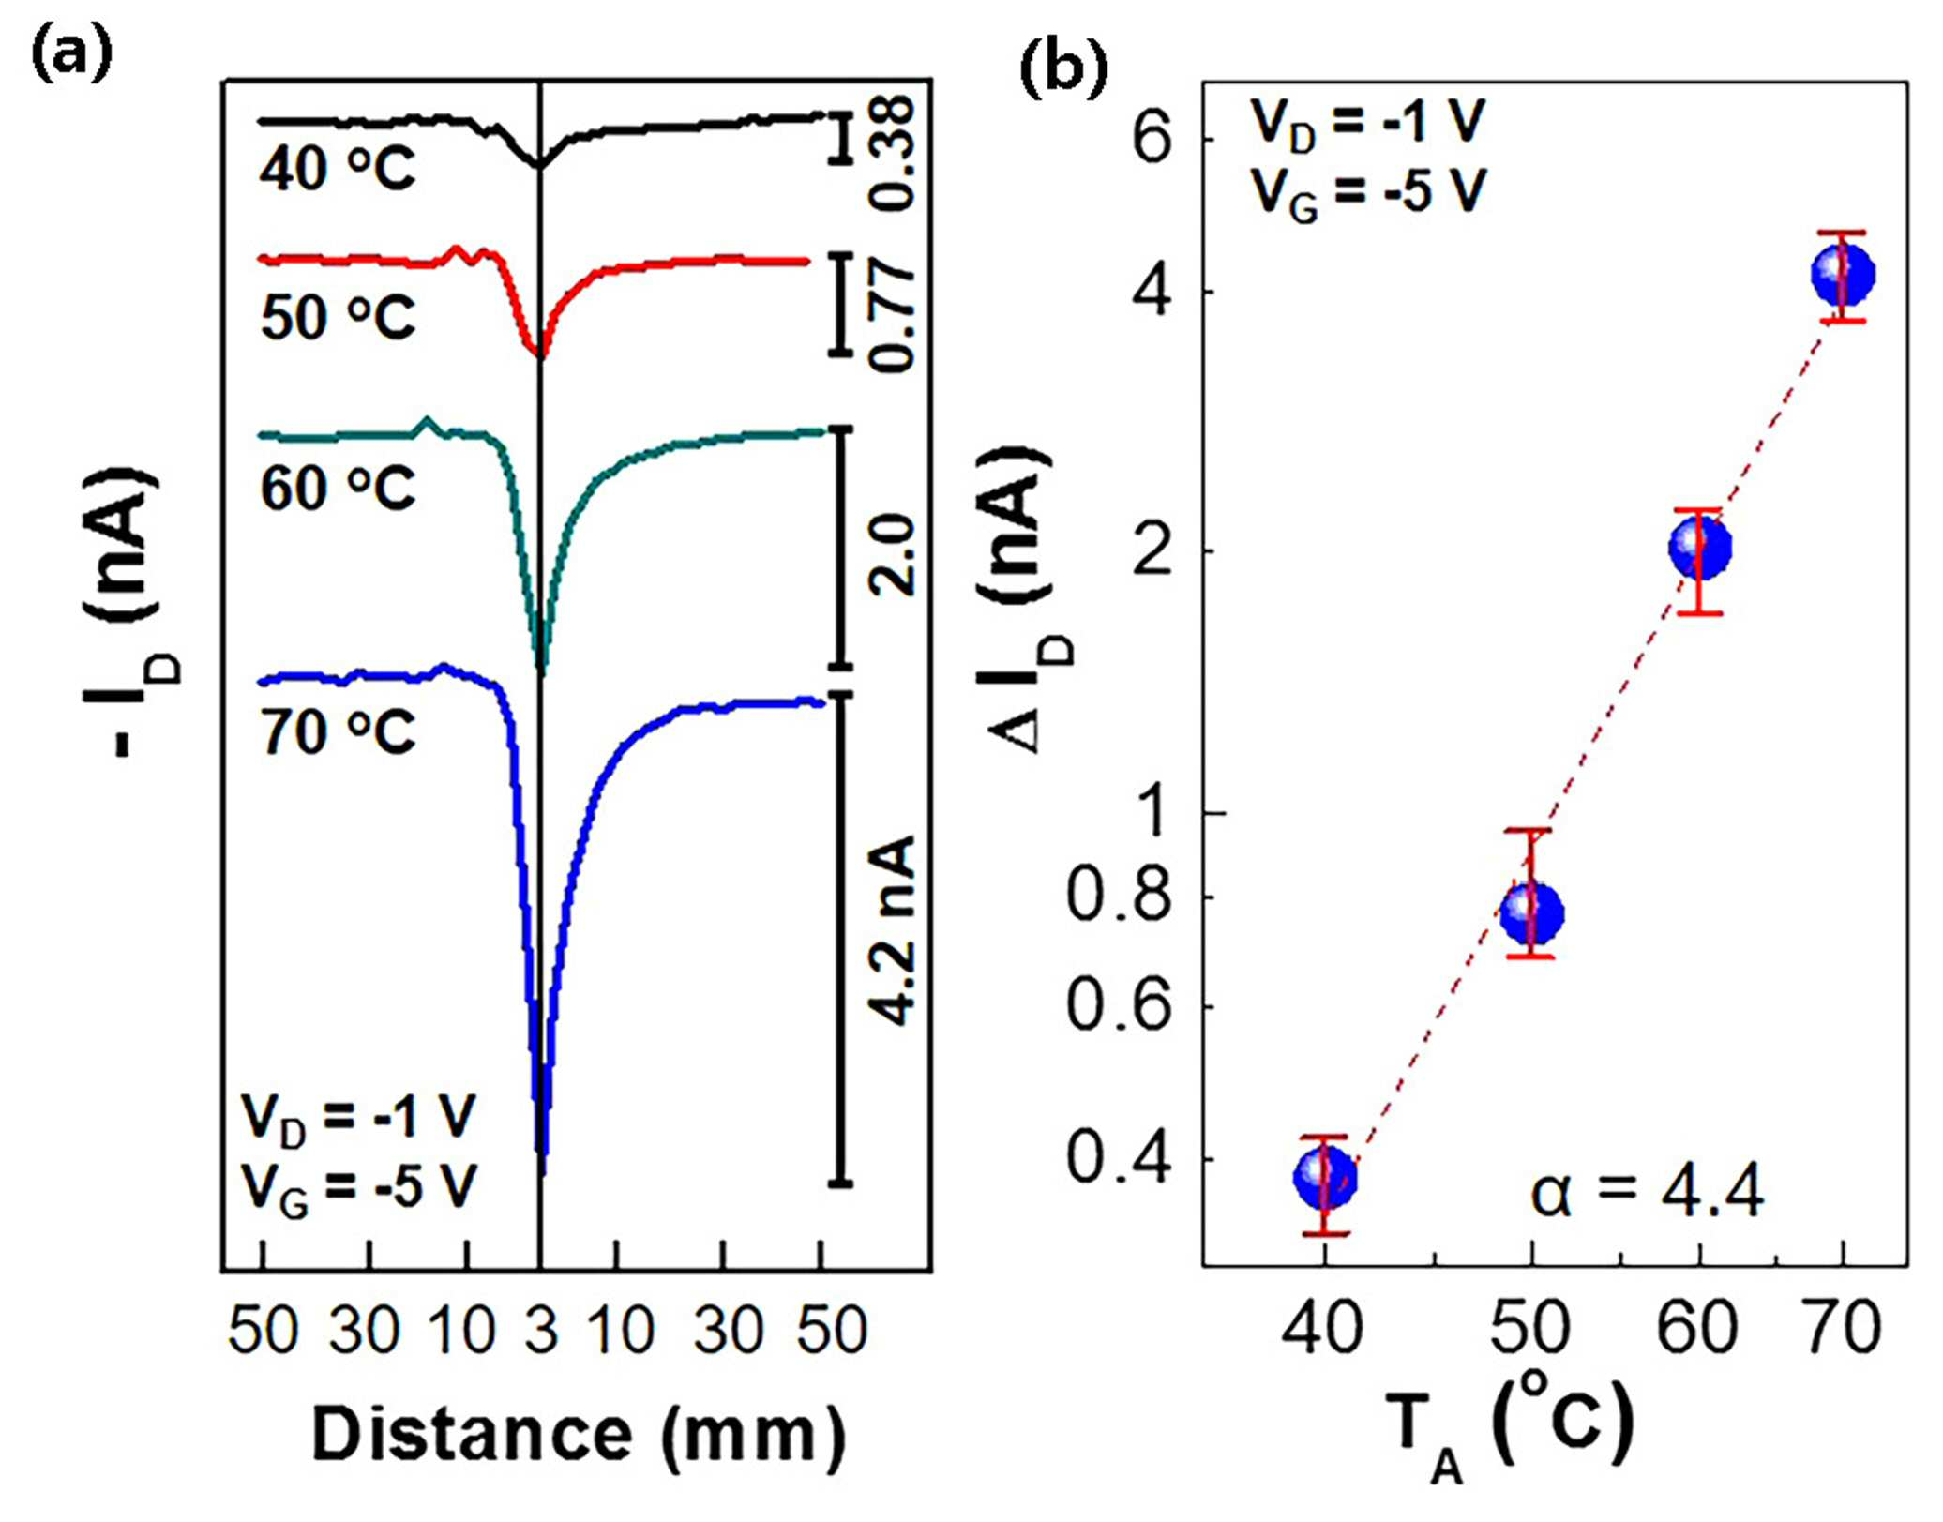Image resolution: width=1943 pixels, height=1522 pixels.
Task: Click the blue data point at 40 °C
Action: click(1324, 1178)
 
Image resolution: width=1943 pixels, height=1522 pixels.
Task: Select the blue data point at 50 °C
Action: click(1531, 912)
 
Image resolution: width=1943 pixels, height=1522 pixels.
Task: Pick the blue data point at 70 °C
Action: click(1844, 274)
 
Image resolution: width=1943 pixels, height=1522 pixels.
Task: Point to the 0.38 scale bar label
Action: click(892, 153)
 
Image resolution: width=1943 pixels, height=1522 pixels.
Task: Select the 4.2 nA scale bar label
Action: click(892, 930)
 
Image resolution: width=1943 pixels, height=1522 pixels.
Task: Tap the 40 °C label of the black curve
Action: click(338, 170)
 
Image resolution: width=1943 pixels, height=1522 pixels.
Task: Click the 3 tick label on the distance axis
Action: click(541, 1330)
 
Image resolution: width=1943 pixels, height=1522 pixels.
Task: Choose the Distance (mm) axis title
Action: click(579, 1436)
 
